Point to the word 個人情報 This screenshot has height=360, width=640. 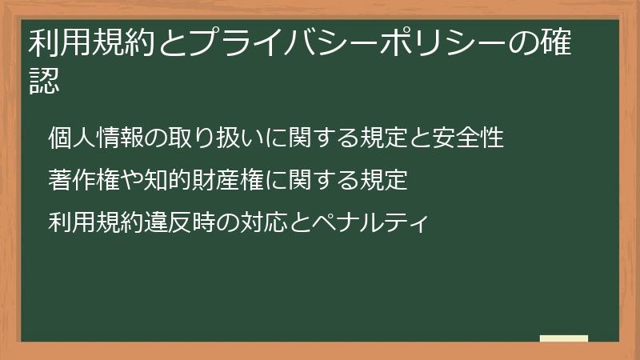click(95, 138)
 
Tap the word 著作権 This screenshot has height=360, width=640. click(83, 179)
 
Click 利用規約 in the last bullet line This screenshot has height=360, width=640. click(95, 220)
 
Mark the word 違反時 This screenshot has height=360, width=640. click(179, 220)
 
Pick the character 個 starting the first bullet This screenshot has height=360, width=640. click(59, 138)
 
